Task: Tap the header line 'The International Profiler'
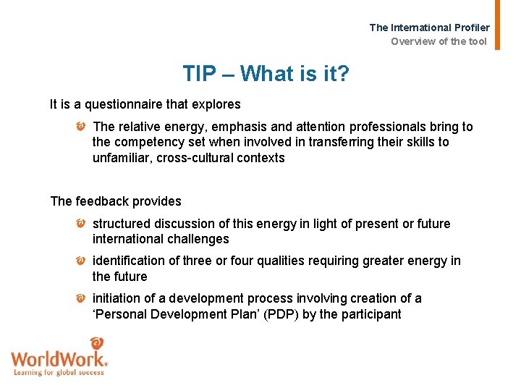(x=429, y=28)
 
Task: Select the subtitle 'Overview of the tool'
(x=439, y=41)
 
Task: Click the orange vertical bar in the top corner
(x=497, y=24)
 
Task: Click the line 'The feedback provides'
(x=116, y=201)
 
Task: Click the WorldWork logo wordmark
(x=59, y=358)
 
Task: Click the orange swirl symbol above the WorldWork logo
(x=96, y=343)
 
